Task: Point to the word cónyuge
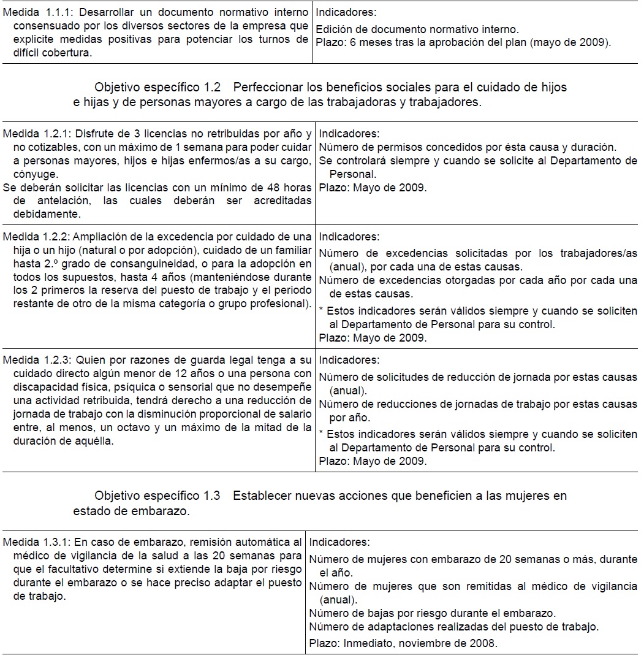pos(34,174)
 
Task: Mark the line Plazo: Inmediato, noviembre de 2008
pos(403,644)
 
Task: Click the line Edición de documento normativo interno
pos(417,29)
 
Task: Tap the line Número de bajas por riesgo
pos(432,613)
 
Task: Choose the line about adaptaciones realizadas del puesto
pos(453,627)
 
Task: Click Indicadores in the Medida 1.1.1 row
pos(346,12)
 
